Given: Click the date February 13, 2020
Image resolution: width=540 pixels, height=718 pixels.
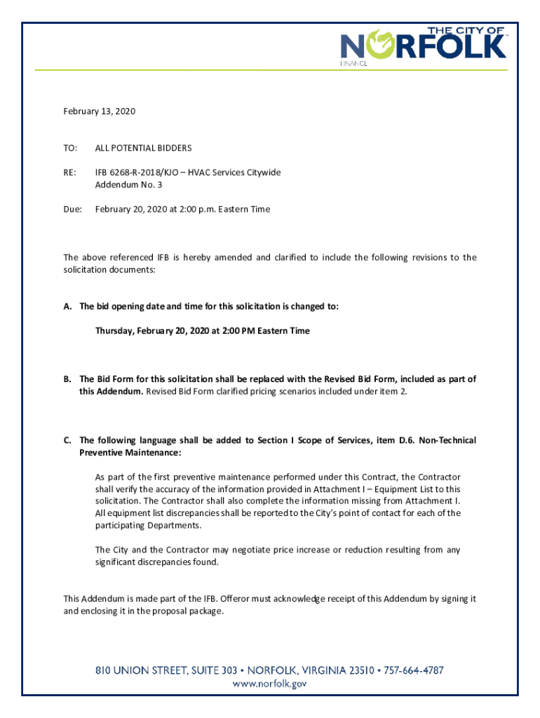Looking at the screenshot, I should (x=99, y=111).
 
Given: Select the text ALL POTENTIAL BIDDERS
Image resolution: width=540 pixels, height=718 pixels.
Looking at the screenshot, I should (x=143, y=148).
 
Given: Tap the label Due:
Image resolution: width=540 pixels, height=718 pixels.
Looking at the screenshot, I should (x=73, y=209).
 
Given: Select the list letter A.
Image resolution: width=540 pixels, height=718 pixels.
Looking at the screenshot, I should (x=67, y=306).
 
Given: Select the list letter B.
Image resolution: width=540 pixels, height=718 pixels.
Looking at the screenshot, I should (x=67, y=379).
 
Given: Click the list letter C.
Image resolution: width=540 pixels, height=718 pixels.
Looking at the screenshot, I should (x=67, y=440).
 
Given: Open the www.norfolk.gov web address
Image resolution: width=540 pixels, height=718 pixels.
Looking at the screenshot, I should (x=270, y=684).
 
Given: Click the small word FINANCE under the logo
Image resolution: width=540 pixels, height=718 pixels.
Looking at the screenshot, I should (x=355, y=63).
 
